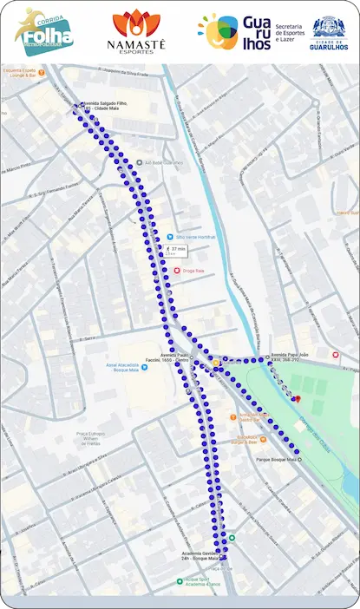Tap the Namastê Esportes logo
click(131, 31)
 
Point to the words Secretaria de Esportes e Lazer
click(291, 33)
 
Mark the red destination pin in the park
click(296, 398)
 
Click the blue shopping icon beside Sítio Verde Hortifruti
click(169, 237)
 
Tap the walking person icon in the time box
click(167, 249)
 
